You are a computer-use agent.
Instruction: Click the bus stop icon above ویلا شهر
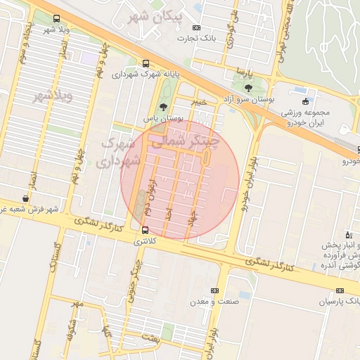(56, 19)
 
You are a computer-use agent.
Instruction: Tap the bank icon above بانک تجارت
(195, 27)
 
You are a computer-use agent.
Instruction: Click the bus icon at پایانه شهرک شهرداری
(146, 63)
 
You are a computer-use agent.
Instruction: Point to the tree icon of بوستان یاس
(164, 108)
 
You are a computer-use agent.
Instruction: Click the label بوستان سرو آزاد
(248, 101)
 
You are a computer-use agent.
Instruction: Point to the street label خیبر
(202, 101)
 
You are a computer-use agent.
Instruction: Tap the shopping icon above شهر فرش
(26, 199)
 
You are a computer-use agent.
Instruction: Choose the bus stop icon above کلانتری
(145, 229)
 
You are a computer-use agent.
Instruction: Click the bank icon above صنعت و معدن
(214, 290)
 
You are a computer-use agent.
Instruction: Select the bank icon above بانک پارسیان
(340, 290)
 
